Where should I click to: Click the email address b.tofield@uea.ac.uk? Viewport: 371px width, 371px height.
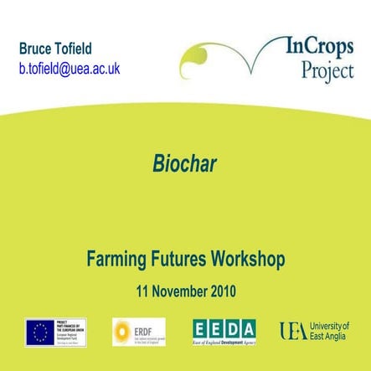click(70, 68)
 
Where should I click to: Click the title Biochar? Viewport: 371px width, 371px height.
click(185, 164)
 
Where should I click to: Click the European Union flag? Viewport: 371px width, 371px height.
click(39, 331)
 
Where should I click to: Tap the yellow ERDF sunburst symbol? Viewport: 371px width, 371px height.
click(122, 330)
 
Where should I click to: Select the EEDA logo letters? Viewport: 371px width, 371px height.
click(224, 327)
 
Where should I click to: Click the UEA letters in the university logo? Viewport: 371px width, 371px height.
click(293, 331)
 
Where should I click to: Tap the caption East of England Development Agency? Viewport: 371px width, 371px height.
click(224, 343)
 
